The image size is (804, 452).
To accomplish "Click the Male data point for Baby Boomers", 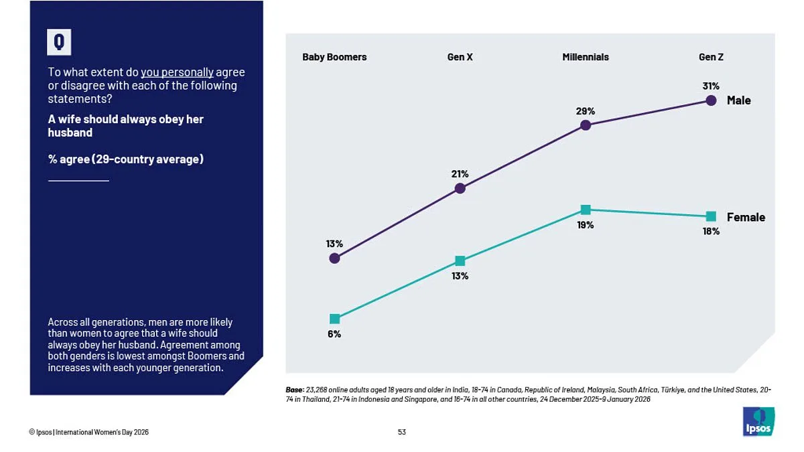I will click(334, 258).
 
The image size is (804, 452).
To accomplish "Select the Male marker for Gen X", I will click(460, 189).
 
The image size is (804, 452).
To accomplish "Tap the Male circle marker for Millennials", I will click(586, 125).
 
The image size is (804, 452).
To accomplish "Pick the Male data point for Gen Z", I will click(711, 100).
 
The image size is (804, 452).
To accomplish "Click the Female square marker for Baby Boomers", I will click(334, 319).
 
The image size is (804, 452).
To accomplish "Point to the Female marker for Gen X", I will click(460, 260).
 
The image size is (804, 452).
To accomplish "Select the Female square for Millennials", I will click(586, 210).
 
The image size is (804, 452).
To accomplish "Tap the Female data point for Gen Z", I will click(711, 216).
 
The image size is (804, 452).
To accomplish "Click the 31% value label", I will click(711, 86).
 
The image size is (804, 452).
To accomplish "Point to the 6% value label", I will click(334, 334).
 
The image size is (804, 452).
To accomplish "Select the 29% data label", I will click(586, 111).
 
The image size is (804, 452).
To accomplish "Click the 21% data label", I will click(460, 174).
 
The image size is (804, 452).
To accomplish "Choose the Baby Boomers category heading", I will click(334, 57).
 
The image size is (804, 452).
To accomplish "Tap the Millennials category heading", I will click(586, 57).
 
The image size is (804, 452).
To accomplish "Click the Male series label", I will click(739, 100).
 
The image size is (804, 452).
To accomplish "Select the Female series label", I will click(746, 217).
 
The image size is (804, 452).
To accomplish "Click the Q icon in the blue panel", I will click(59, 42).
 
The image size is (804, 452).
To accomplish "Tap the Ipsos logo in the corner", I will click(758, 422).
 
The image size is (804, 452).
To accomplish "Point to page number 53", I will click(401, 432).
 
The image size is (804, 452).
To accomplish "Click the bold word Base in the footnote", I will click(294, 389).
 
